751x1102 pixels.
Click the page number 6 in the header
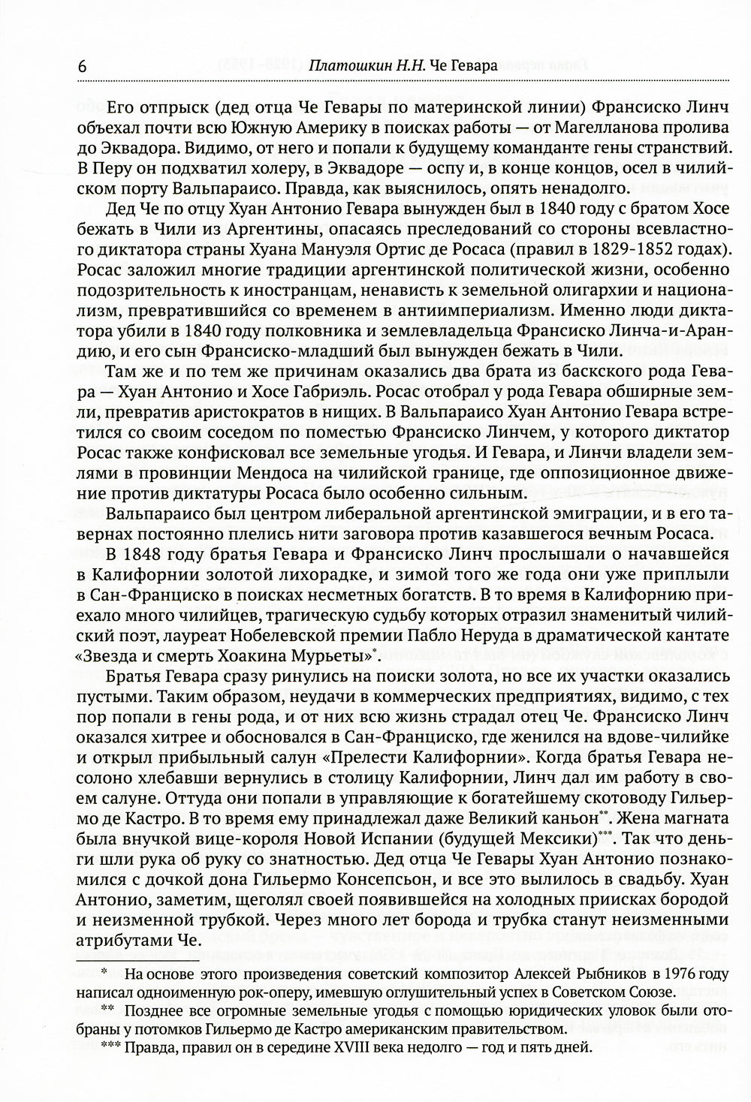(81, 66)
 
